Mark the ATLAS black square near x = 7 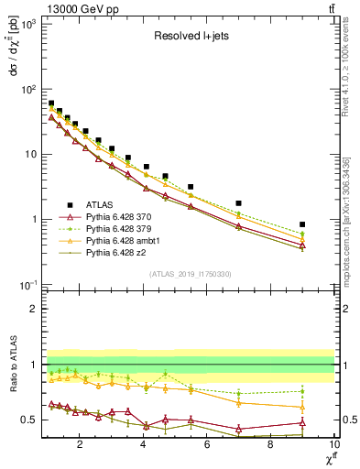239,203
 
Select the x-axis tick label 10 333,445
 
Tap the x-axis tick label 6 207,445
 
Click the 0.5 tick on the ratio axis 28,420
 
